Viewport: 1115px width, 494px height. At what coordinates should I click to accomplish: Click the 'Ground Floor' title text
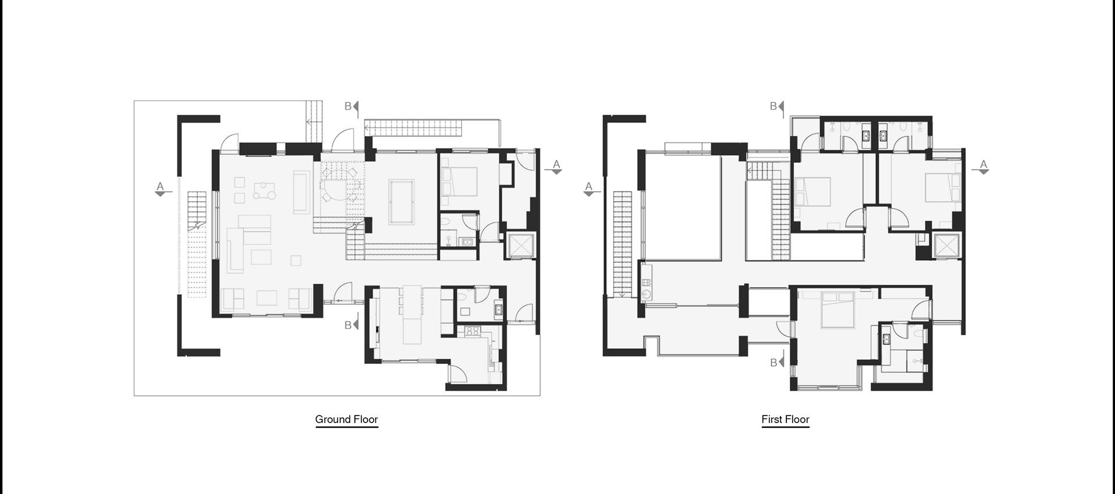pos(346,419)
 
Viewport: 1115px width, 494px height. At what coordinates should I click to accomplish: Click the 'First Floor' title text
pos(785,419)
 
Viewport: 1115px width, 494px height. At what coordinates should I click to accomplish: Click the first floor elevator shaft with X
pos(947,244)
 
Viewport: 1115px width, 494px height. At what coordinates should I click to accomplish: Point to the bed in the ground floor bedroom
pos(460,180)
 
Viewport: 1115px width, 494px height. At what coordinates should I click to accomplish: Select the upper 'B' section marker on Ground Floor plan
pos(348,106)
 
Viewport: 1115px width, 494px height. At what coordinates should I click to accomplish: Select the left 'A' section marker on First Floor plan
pos(589,187)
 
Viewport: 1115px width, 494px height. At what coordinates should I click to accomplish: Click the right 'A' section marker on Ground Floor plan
pos(556,166)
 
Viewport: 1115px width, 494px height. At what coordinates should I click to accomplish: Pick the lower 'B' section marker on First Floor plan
pos(774,363)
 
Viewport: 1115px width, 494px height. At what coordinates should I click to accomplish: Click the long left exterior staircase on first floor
pos(623,244)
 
